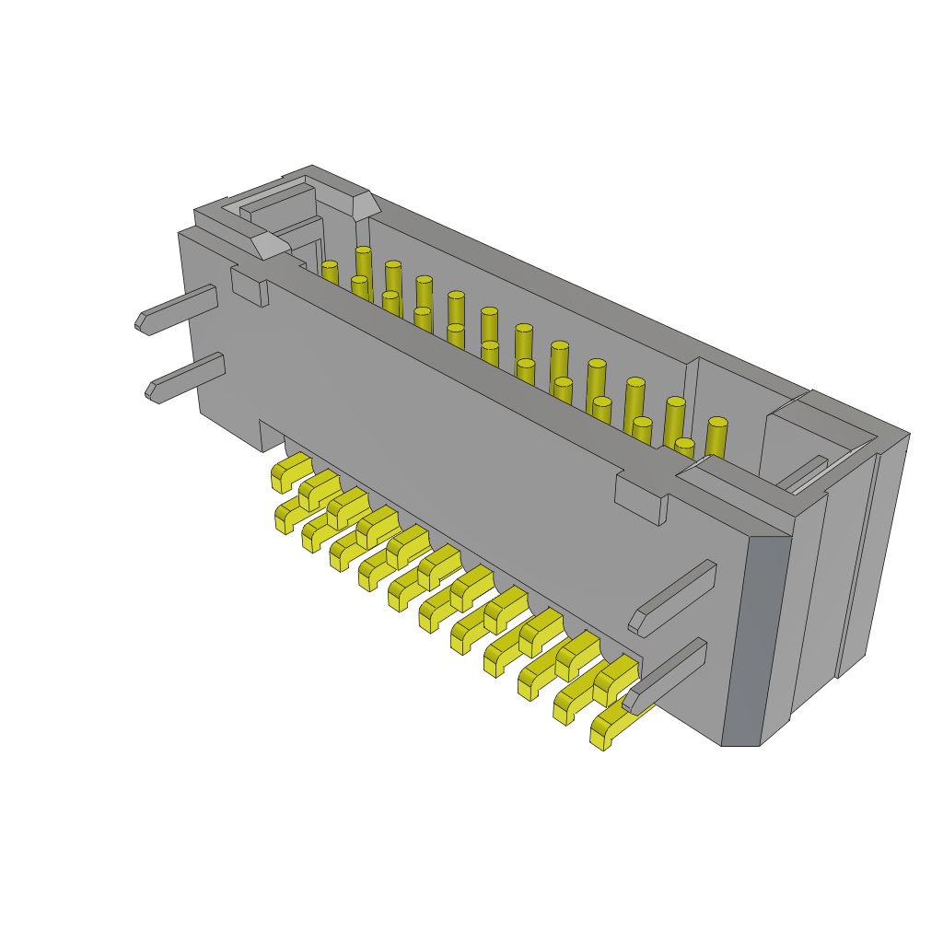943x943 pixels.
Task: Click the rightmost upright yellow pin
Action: point(716,437)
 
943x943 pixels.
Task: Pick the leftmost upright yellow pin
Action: point(329,273)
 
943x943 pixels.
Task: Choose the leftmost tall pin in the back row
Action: point(364,262)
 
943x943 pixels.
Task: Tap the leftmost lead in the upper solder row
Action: point(290,470)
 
